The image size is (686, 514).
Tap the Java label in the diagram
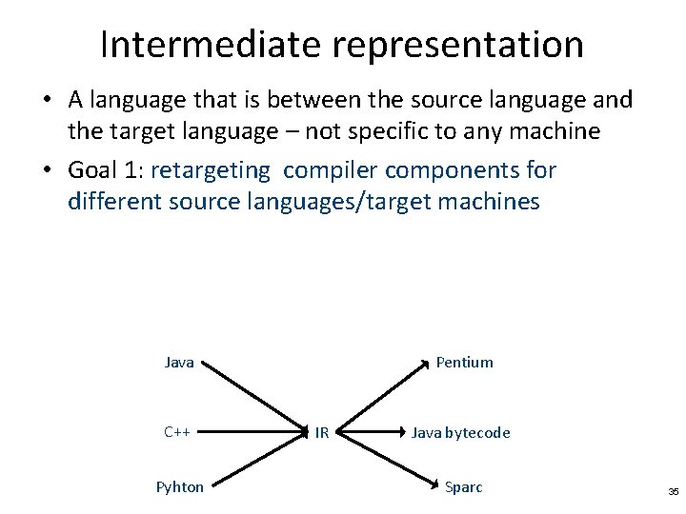179,362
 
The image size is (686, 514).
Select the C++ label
177,432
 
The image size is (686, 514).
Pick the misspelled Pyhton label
180,487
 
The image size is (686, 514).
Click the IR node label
322,433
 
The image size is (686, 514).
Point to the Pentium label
464,362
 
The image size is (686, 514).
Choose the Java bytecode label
460,433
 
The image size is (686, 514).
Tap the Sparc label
464,487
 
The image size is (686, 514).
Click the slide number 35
673,492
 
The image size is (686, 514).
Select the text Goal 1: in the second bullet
106,171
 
